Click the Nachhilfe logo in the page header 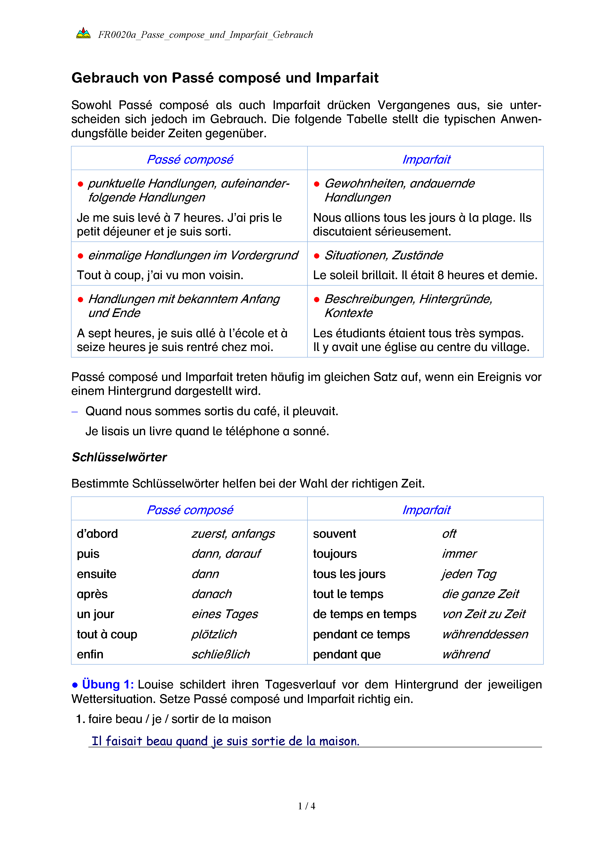point(83,34)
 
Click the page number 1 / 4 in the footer point(307,806)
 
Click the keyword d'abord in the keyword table point(97,534)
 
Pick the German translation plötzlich point(214,634)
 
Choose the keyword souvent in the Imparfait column point(335,534)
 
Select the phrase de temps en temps point(364,614)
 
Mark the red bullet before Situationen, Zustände point(316,256)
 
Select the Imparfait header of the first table point(426,159)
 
